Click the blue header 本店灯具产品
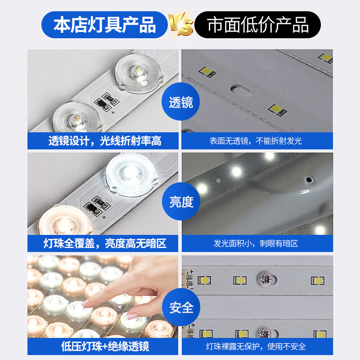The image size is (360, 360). (104, 25)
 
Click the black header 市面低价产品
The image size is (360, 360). (258, 25)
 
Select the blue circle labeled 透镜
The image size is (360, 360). (181, 103)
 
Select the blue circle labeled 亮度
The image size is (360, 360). (181, 202)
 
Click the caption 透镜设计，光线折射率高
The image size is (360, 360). (104, 141)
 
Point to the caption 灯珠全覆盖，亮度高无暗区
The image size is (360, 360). (104, 243)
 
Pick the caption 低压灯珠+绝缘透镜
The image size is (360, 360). (104, 346)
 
